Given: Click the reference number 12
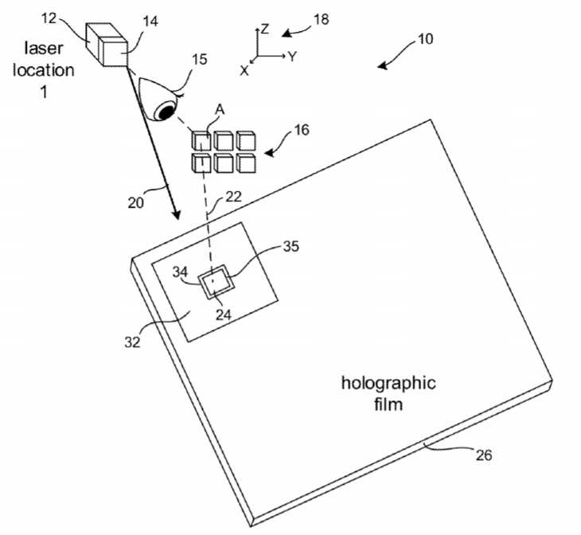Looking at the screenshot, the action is click(49, 18).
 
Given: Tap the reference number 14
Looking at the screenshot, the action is click(150, 21).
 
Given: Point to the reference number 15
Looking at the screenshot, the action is click(200, 59).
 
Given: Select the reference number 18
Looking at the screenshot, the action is click(322, 19).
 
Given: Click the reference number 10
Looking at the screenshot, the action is click(425, 39).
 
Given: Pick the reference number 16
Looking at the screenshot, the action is click(302, 130).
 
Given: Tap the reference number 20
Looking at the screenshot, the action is click(135, 203).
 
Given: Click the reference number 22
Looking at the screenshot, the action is click(233, 197).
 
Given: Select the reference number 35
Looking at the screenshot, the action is click(290, 246).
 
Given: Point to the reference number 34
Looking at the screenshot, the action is click(180, 271).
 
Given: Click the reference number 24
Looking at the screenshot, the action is click(224, 314).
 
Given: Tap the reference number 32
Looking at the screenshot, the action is click(132, 342).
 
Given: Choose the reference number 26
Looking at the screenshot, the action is click(484, 455).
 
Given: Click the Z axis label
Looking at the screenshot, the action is click(264, 29).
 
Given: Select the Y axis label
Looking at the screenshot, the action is click(293, 57).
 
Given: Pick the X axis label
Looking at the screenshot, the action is click(244, 70).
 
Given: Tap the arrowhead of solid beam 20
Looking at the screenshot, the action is click(176, 214).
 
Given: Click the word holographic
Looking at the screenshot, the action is click(388, 384).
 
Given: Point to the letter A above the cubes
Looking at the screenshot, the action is click(220, 110).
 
